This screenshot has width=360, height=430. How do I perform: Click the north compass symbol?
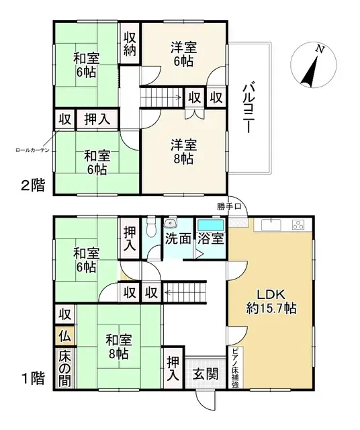coord(311,65)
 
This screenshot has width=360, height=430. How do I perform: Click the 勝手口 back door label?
coord(228,206)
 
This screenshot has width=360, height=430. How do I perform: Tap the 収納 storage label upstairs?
coord(130,42)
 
